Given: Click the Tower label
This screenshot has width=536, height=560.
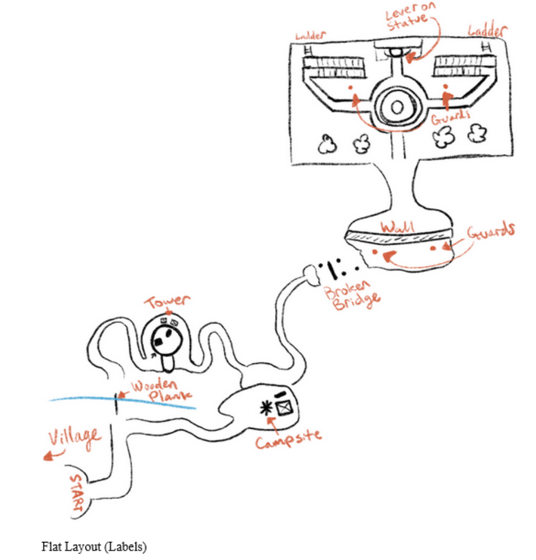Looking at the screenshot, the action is (167, 303).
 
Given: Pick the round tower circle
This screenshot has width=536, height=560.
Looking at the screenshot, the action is (166, 340).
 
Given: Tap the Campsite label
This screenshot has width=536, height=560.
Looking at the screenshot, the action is (288, 438).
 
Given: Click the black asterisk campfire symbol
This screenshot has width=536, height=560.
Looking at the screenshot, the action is (265, 408).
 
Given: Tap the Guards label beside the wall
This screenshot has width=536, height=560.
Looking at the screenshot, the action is (491, 232).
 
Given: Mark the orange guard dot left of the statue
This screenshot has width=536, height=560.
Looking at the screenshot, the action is (350, 88).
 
